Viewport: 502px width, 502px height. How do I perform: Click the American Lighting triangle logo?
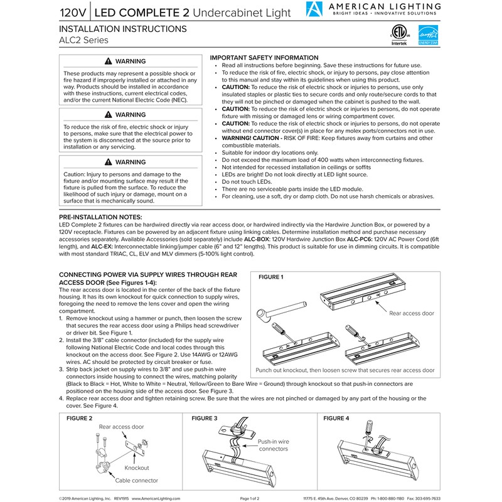(x=314, y=10)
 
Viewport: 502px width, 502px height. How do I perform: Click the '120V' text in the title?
(x=73, y=12)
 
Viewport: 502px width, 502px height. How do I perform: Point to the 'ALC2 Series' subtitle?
(x=83, y=41)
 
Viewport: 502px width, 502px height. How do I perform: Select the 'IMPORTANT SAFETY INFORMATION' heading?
(x=264, y=58)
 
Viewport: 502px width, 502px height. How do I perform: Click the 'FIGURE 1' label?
(x=271, y=277)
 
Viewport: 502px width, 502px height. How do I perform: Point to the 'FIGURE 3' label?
(x=205, y=418)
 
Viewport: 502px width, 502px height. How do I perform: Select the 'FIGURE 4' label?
(x=336, y=418)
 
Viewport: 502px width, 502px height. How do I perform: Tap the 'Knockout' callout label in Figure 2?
(x=136, y=468)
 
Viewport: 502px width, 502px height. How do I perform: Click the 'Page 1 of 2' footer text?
(x=255, y=498)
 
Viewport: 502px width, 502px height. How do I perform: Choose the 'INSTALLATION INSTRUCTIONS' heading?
(x=122, y=29)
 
